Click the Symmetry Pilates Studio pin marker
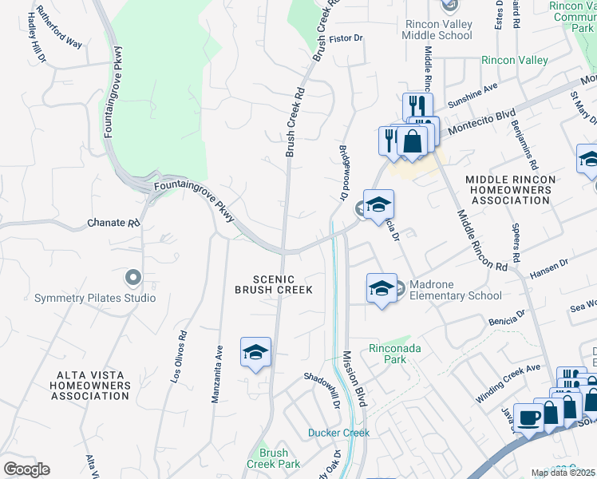click(x=132, y=278)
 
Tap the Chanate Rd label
click(x=113, y=224)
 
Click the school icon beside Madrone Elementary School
click(x=382, y=288)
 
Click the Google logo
click(x=26, y=469)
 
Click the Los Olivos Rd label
click(x=180, y=358)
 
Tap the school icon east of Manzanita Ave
click(x=255, y=353)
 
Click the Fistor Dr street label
click(x=346, y=38)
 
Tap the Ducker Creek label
click(x=338, y=433)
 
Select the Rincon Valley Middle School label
click(x=438, y=30)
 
